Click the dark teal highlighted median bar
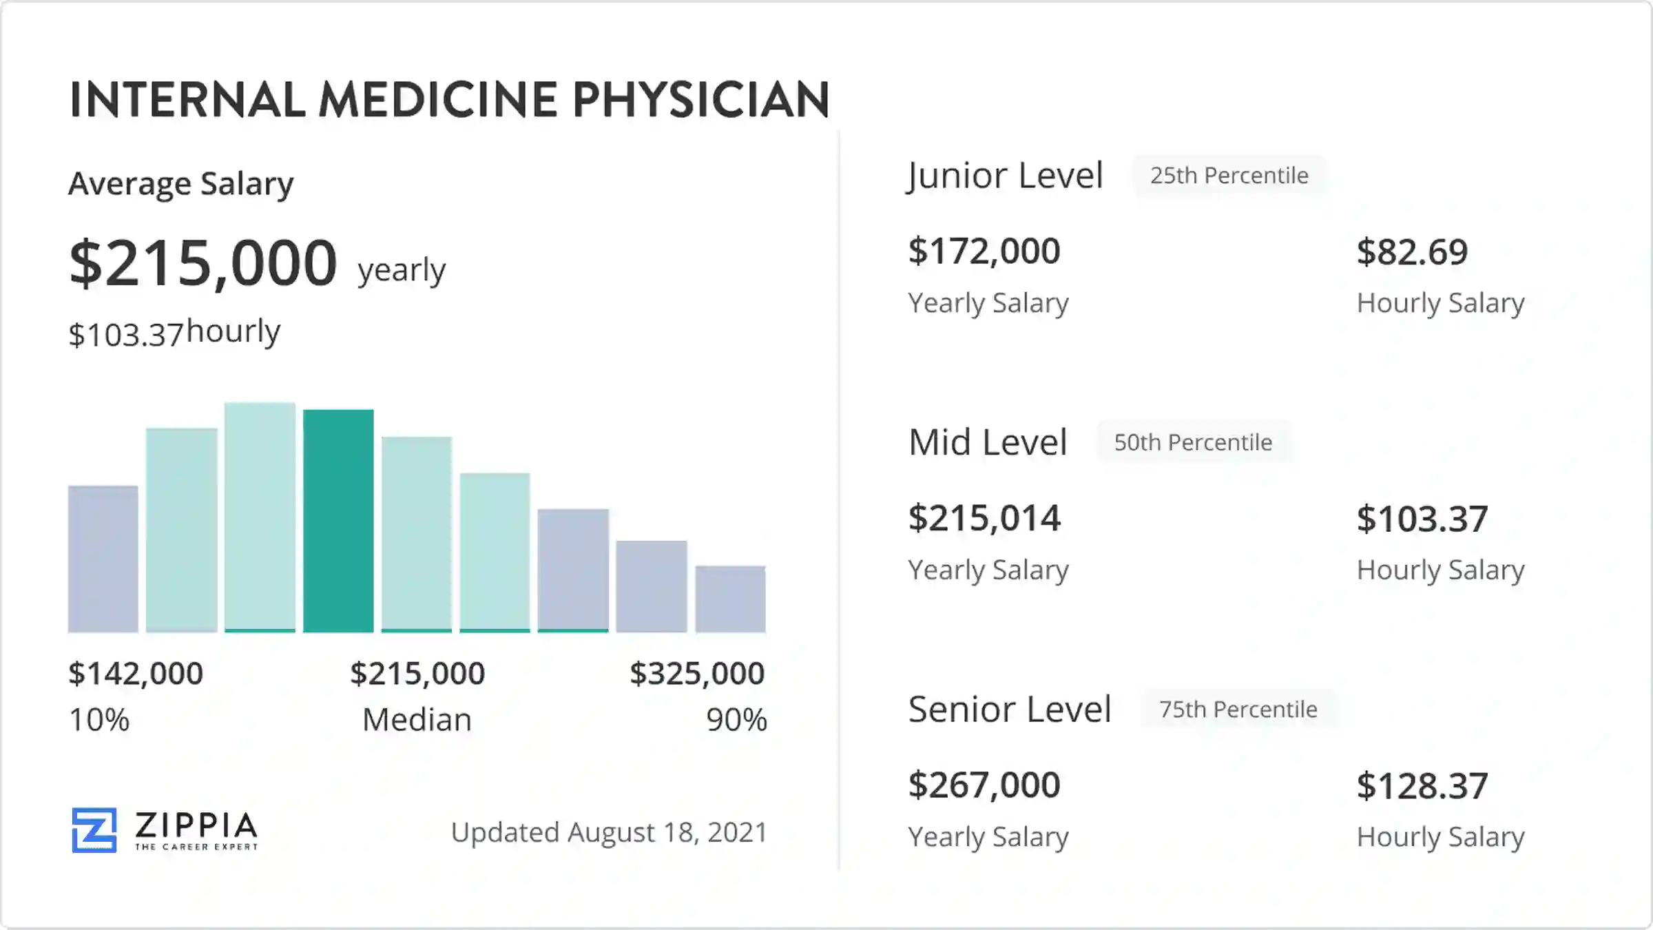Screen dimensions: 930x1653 338,521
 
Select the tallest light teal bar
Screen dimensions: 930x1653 260,517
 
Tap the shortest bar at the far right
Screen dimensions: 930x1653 730,599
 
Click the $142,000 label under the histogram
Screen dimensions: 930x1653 136,673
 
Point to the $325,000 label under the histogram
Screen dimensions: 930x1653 697,673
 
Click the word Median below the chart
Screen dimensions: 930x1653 417,720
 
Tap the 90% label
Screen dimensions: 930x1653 736,720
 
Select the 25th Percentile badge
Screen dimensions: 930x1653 1229,176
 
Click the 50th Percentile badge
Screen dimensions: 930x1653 1193,442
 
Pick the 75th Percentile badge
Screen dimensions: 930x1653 1238,709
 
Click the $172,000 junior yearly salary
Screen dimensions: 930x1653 984,251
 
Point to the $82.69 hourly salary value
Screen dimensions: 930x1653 1412,252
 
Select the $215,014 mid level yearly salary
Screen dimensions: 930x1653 984,518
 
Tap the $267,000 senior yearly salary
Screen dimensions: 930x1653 984,785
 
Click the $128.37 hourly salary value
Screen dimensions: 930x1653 1422,786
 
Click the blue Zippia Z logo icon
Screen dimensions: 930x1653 94,829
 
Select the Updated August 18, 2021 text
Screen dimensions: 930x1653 609,832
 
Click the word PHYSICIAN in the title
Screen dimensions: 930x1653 700,100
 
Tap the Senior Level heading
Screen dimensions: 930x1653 1010,709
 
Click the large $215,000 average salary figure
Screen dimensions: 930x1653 203,263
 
